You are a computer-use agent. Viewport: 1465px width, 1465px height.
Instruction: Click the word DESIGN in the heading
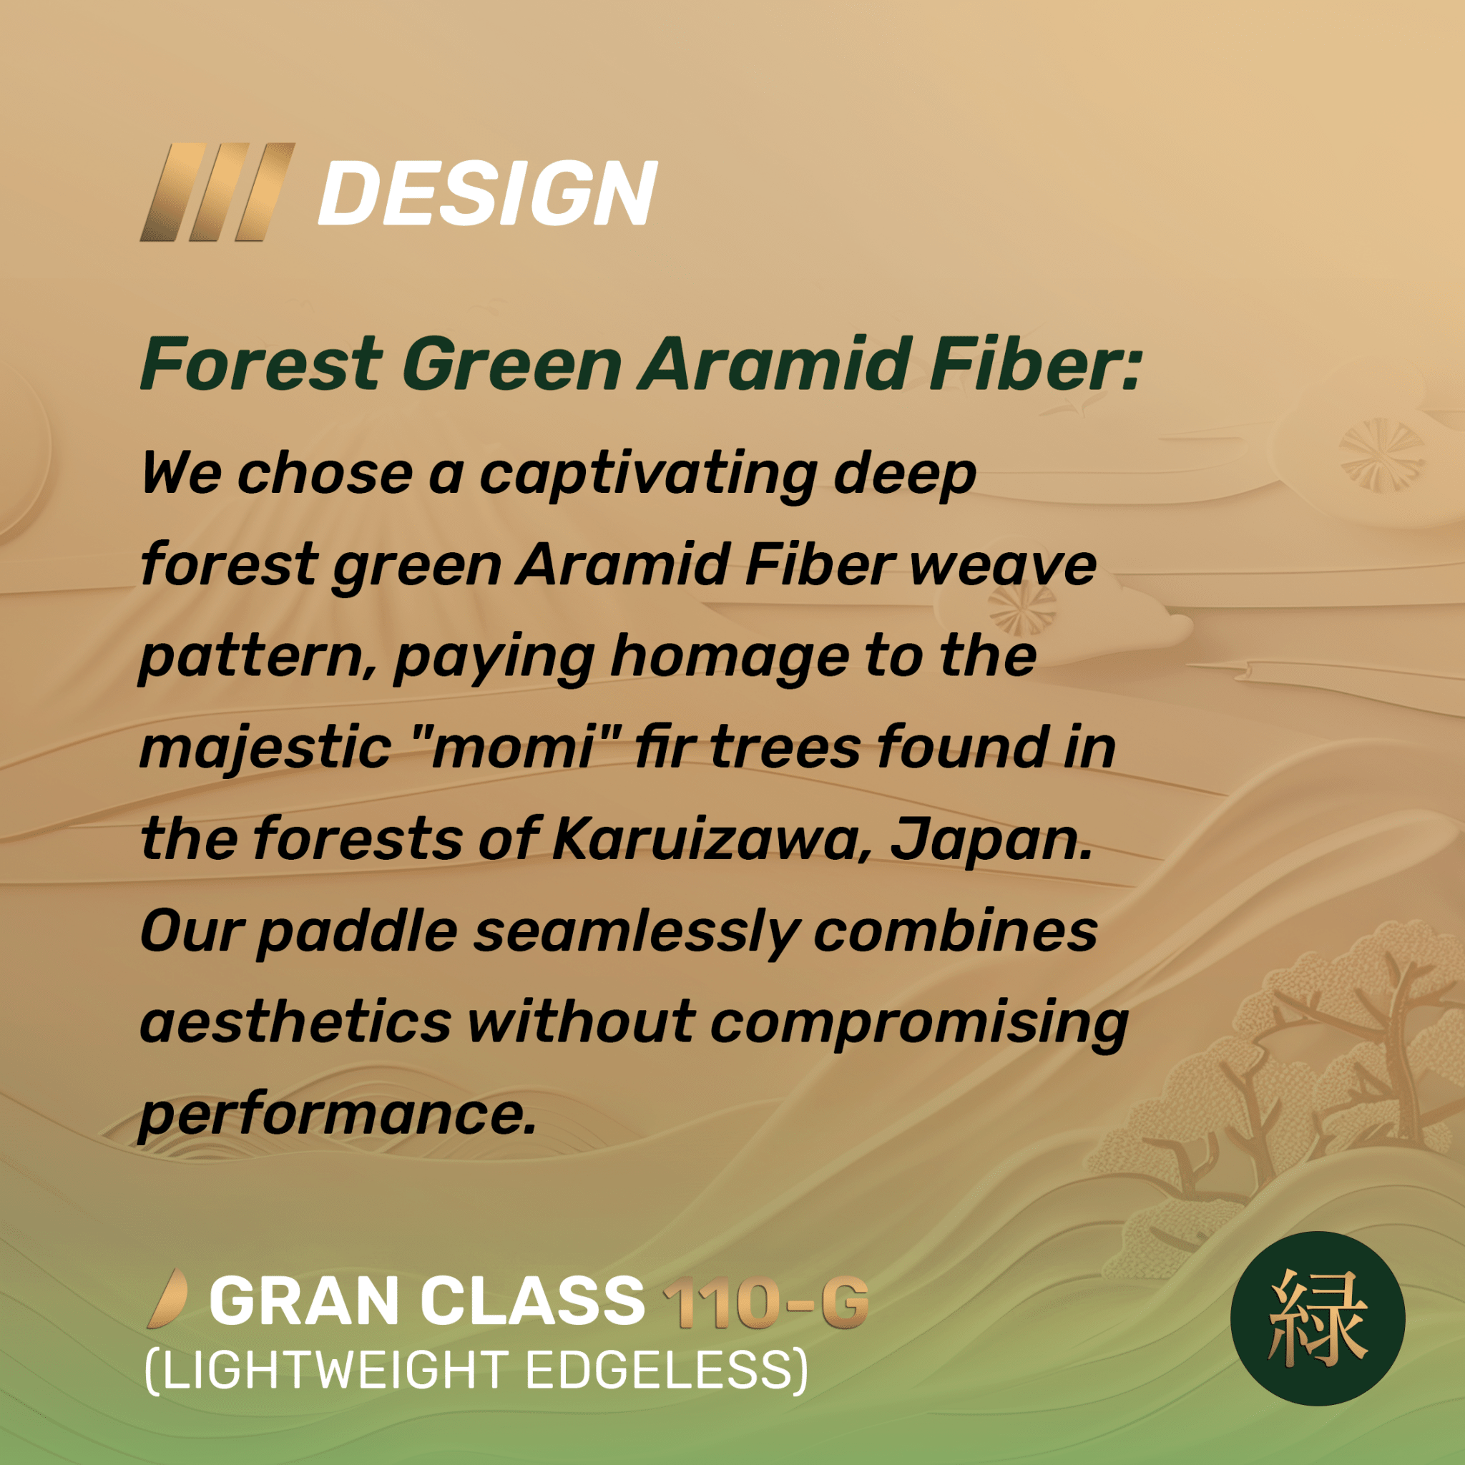coord(488,193)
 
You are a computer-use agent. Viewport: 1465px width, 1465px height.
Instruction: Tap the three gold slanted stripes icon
coord(217,192)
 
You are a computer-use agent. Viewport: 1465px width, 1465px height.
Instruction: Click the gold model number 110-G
coord(765,1302)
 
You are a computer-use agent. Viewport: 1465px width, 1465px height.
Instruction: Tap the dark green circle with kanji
coord(1317,1318)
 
